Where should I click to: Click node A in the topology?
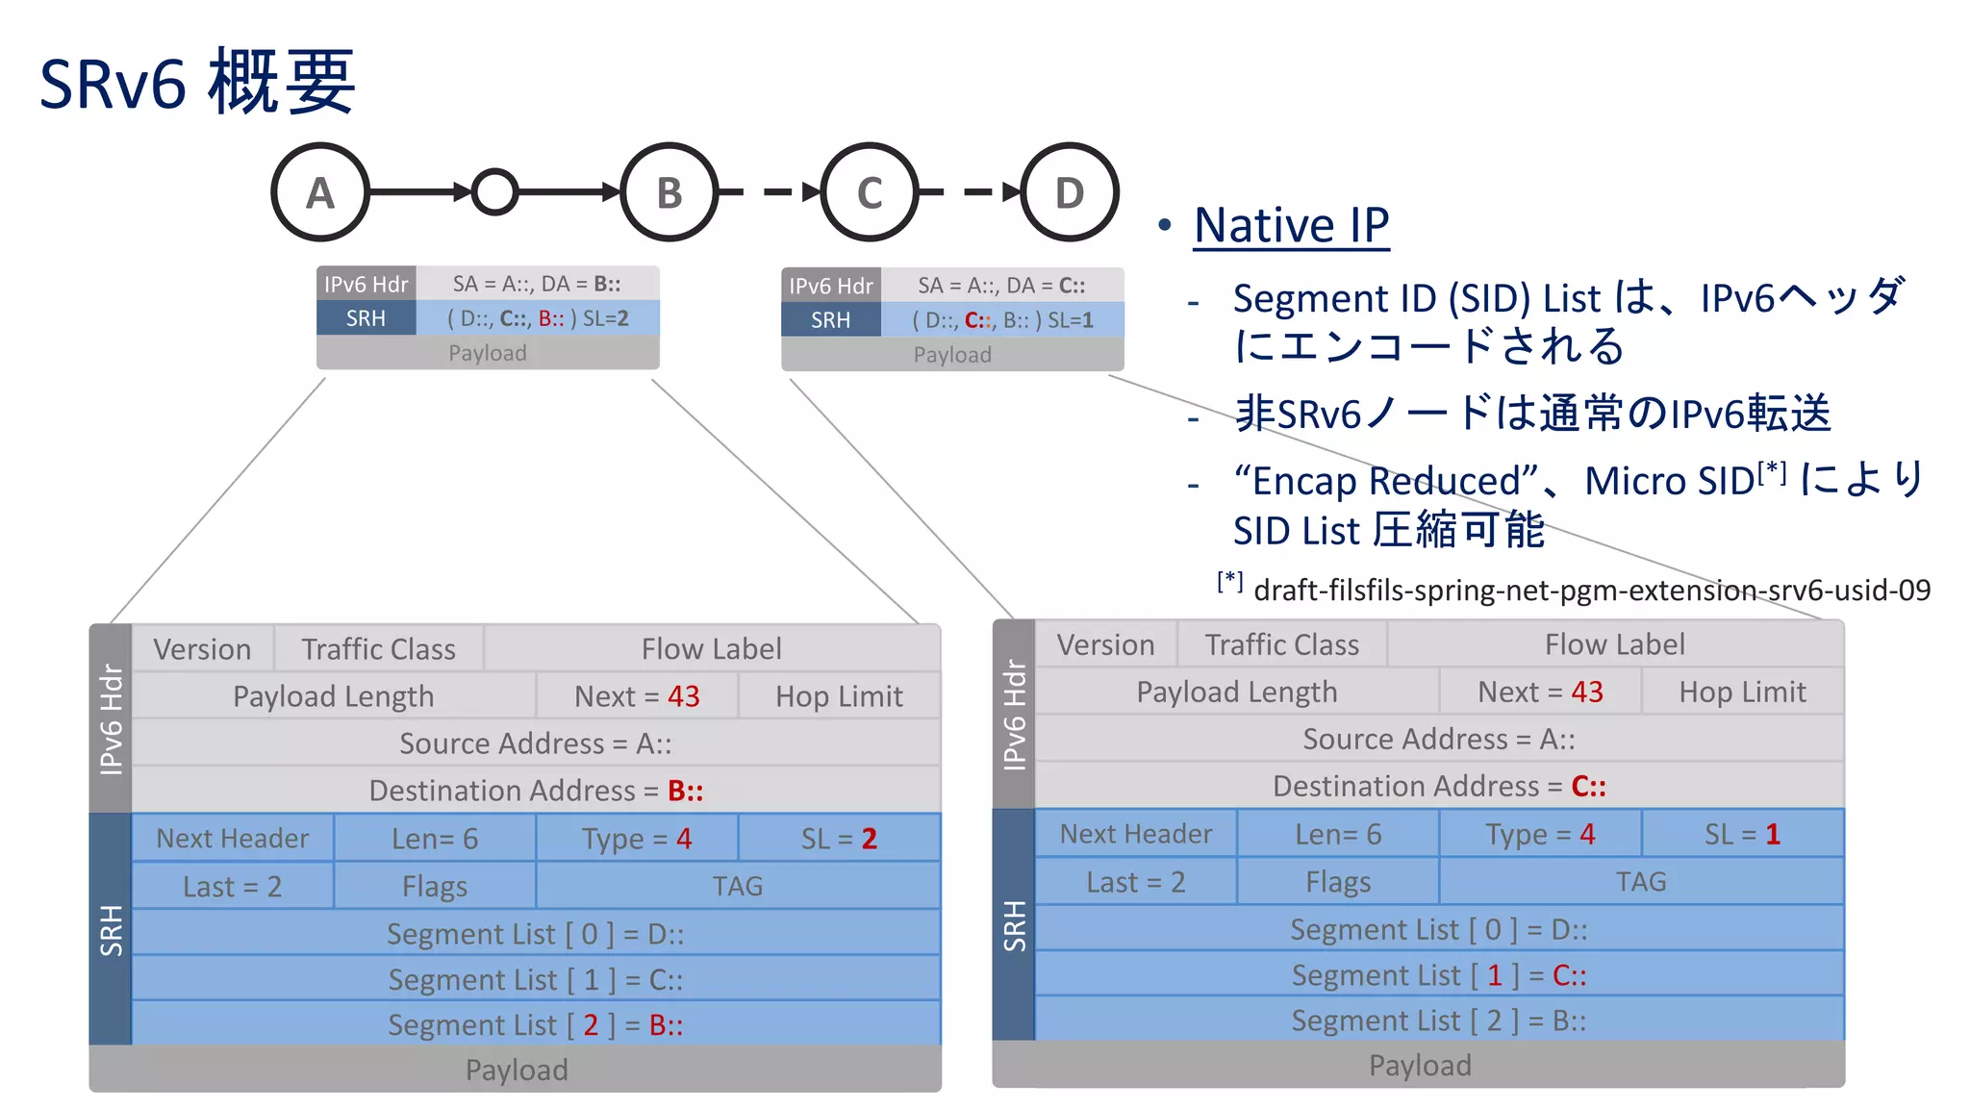(320, 192)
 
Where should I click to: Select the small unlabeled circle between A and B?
(495, 192)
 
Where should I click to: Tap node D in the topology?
(1069, 192)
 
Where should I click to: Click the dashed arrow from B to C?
(770, 192)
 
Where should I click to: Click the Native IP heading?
(1291, 226)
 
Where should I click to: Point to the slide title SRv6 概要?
(197, 84)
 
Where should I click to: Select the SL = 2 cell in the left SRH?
(839, 839)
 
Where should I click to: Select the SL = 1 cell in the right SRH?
(1742, 834)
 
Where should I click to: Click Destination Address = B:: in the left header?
(536, 791)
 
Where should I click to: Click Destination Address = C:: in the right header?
(1439, 786)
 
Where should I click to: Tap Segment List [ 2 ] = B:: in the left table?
(536, 1024)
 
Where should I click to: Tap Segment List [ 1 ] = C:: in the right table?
(1439, 975)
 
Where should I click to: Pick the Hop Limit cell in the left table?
(839, 696)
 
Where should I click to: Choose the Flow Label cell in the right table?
(1614, 644)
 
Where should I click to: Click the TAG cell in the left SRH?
(737, 886)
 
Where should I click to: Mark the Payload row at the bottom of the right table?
(1420, 1065)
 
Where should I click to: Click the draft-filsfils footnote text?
(1591, 590)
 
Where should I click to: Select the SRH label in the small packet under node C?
(830, 320)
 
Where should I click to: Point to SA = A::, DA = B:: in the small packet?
(537, 284)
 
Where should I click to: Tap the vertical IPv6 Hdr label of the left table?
(112, 718)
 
